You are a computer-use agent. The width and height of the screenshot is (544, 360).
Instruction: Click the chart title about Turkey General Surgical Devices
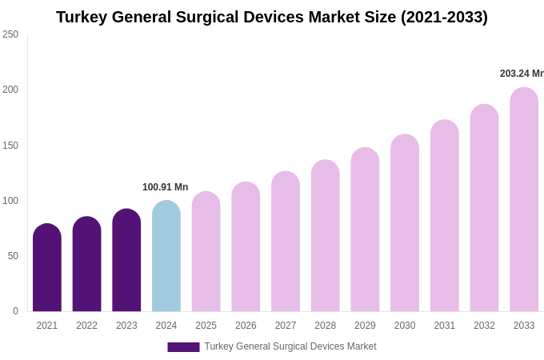(x=271, y=17)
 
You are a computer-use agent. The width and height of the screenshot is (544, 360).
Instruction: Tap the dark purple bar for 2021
(x=47, y=268)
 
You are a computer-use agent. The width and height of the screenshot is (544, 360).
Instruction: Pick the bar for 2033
(x=524, y=200)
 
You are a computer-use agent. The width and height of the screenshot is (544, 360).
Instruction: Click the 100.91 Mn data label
(x=165, y=187)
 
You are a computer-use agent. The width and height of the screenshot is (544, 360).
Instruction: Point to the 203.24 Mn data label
(x=521, y=74)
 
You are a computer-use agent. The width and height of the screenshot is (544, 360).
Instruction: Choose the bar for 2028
(x=326, y=236)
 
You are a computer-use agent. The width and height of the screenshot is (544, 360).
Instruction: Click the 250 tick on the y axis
(x=10, y=34)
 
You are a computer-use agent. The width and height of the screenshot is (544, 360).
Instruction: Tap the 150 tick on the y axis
(x=10, y=146)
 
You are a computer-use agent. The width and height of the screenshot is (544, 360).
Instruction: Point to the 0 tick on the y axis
(x=15, y=311)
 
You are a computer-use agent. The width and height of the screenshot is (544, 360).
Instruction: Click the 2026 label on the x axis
(x=246, y=326)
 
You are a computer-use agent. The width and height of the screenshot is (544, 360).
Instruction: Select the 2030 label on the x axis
(x=405, y=326)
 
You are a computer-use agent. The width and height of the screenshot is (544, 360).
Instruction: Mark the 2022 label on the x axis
(x=86, y=326)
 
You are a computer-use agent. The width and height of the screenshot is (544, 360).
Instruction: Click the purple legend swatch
(x=183, y=347)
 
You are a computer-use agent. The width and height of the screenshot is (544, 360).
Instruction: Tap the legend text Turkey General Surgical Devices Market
(x=290, y=346)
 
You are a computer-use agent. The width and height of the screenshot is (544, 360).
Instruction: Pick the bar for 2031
(x=445, y=216)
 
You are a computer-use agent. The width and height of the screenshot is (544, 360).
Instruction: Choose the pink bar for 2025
(x=206, y=252)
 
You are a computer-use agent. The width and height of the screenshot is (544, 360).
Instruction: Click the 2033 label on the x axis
(x=524, y=326)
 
